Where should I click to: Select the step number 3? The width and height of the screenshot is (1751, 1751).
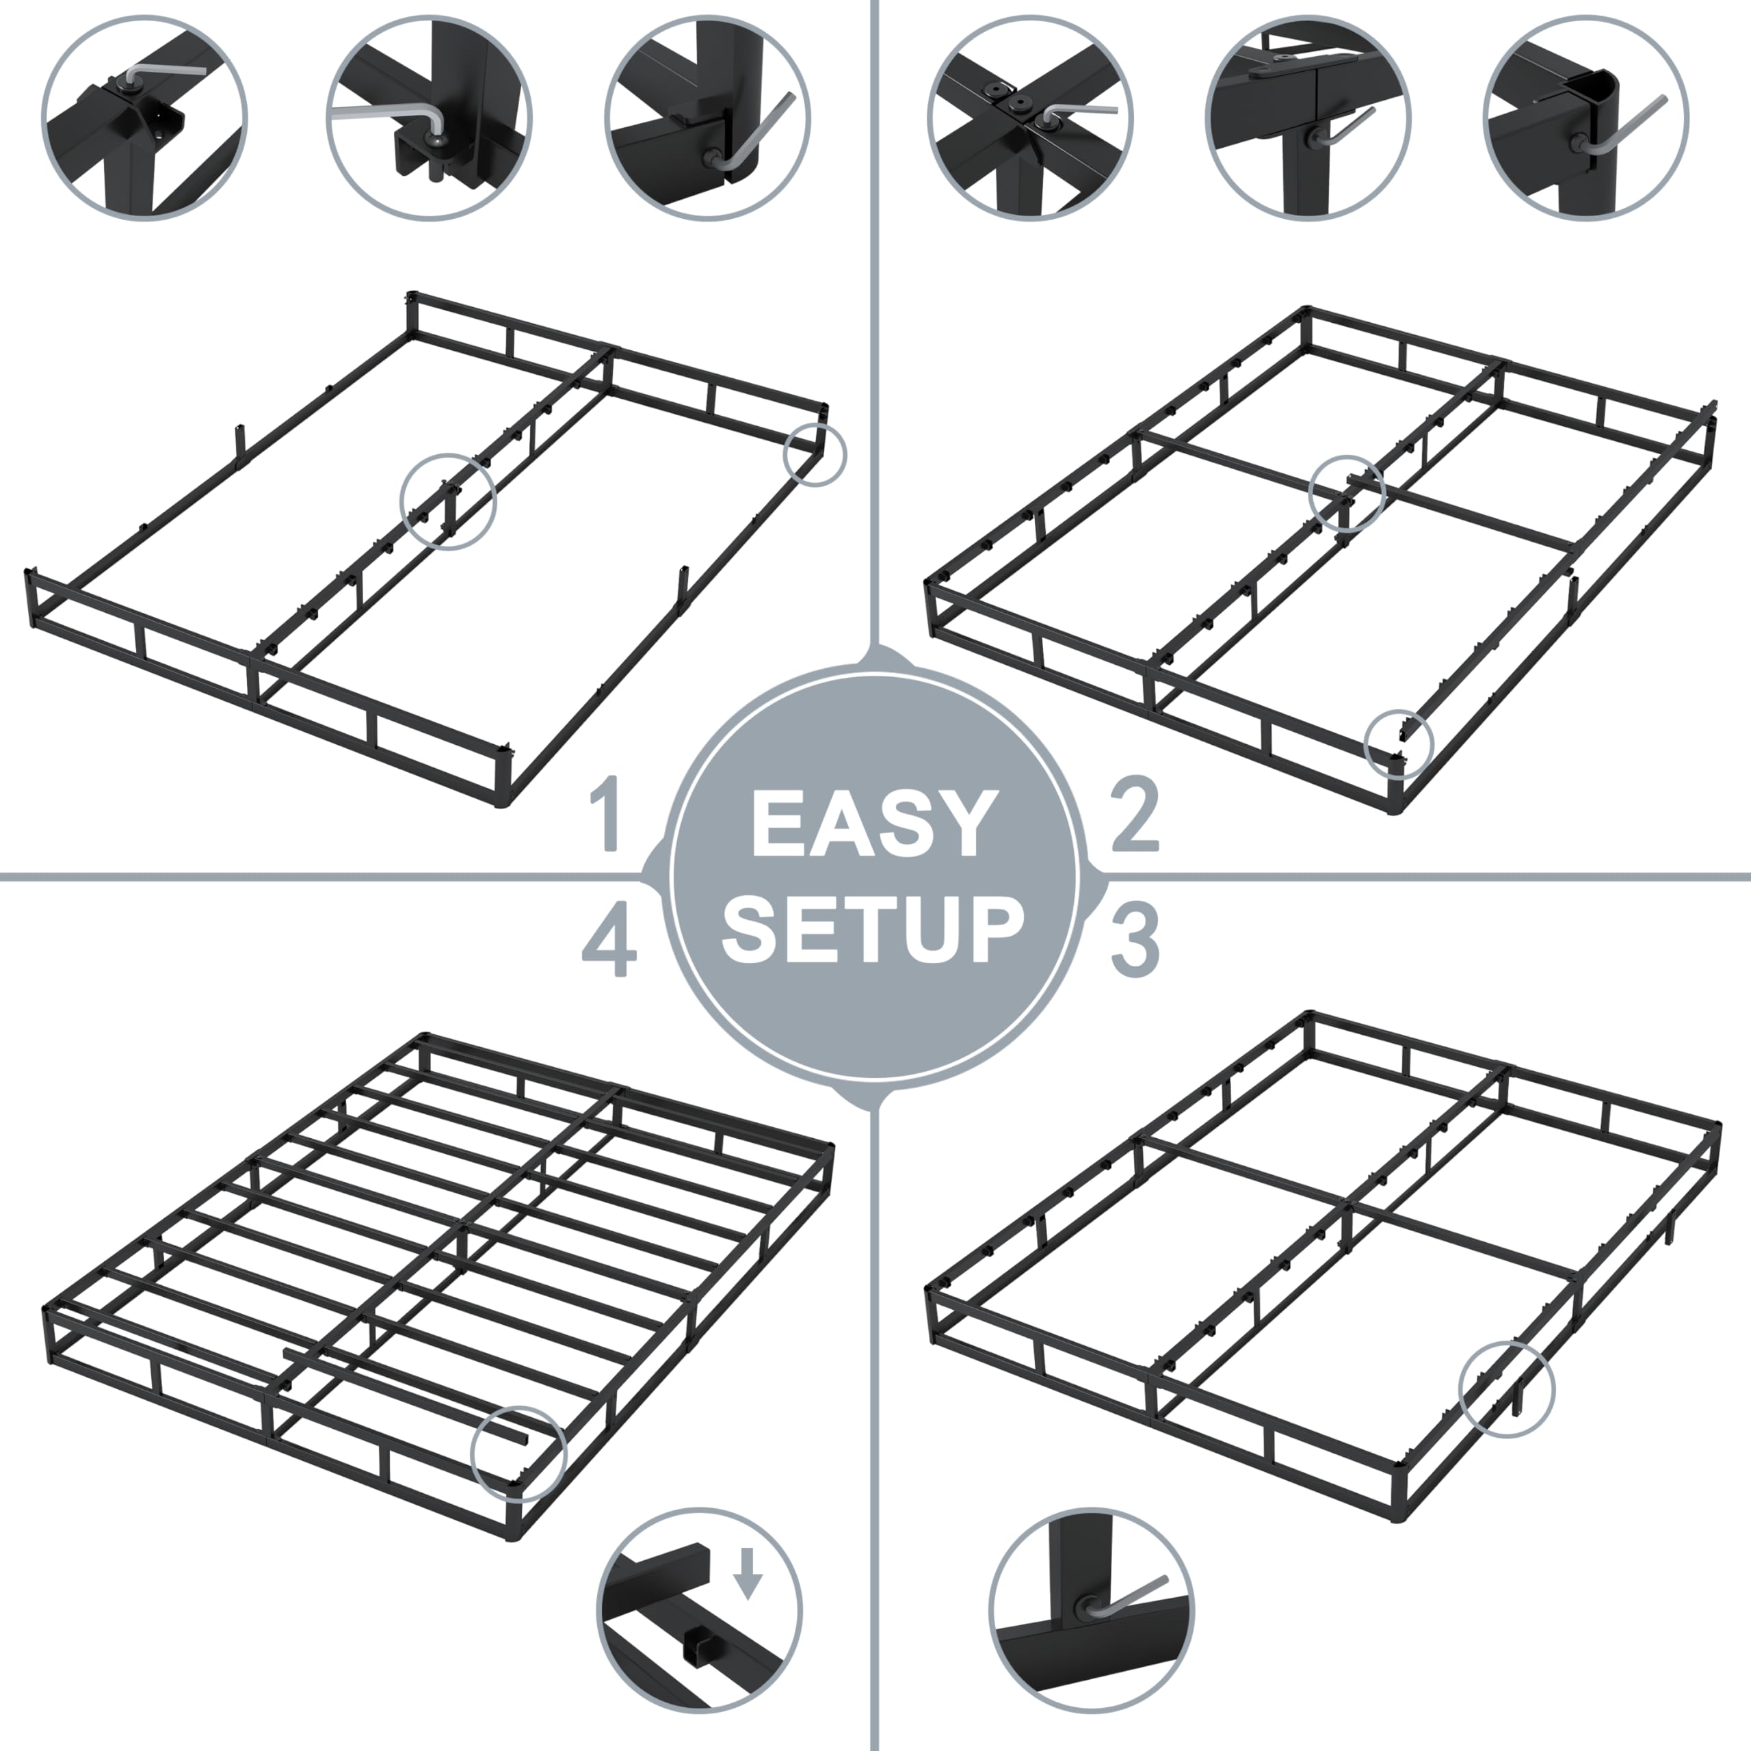(x=1135, y=943)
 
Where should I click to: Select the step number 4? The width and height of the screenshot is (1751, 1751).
(x=609, y=943)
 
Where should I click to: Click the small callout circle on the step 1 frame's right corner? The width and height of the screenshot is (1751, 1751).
(x=815, y=455)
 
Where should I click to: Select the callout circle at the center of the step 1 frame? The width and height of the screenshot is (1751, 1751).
(x=449, y=500)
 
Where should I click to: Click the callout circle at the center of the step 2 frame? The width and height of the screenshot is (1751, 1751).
(x=1347, y=493)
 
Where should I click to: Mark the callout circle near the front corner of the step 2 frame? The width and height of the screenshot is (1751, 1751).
(x=1399, y=743)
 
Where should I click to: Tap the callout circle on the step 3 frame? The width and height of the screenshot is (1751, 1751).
(x=1506, y=1389)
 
